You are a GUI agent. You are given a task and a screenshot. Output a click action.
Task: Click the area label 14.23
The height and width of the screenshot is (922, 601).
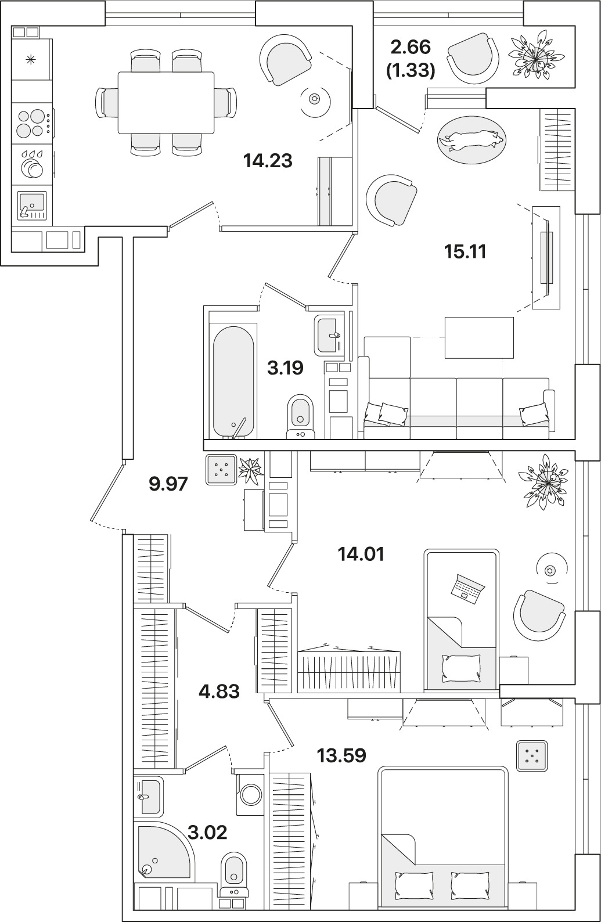tap(268, 160)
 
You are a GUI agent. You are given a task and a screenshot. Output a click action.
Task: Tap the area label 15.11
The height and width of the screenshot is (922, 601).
tap(465, 251)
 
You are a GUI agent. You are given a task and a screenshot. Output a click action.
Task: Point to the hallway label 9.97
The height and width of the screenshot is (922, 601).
tap(168, 483)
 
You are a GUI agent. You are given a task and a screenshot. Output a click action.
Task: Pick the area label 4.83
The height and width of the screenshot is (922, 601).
tap(219, 691)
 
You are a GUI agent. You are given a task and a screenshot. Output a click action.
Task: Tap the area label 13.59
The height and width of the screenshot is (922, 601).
tap(341, 755)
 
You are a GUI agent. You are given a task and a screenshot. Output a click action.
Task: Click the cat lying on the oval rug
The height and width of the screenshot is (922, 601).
tap(470, 139)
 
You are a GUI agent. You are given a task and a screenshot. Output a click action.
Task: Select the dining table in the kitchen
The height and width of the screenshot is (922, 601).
tap(166, 102)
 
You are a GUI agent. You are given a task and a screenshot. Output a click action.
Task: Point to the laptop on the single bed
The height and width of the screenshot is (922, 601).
tap(468, 587)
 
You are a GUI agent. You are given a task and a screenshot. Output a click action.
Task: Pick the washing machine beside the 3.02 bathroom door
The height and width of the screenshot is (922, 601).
tap(251, 794)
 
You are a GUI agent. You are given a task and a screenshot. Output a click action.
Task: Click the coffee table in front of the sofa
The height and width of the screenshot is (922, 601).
tap(479, 337)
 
